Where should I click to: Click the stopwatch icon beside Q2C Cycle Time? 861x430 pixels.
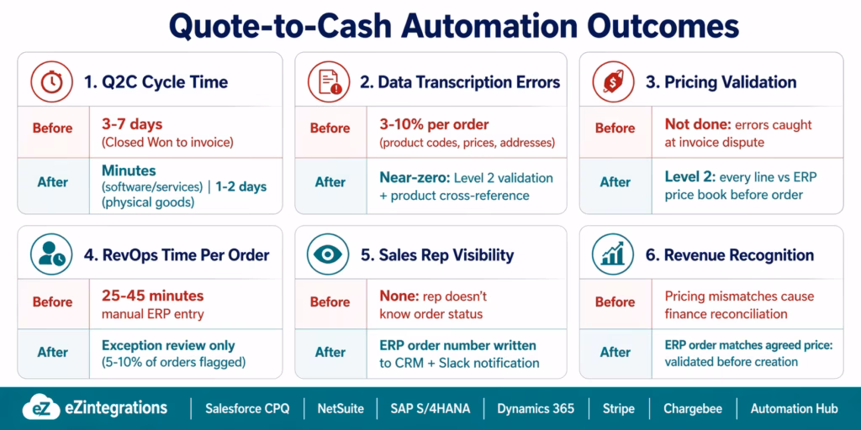tap(50, 81)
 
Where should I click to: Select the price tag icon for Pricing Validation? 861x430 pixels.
tap(612, 81)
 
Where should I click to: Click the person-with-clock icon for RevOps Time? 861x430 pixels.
tap(50, 254)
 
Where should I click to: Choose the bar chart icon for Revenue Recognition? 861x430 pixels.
tap(612, 254)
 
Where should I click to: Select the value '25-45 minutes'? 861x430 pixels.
tap(152, 296)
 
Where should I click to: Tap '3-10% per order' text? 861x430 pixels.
tap(434, 123)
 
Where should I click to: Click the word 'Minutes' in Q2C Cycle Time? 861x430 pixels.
tap(129, 170)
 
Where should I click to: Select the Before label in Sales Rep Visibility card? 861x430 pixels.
tap(330, 302)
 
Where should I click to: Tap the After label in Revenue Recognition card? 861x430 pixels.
tap(615, 352)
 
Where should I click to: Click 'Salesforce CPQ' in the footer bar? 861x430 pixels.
tap(247, 408)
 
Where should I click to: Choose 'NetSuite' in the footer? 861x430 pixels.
tap(341, 408)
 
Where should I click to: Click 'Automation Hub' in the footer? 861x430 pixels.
tap(795, 408)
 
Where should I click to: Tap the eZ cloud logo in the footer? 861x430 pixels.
tap(40, 408)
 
